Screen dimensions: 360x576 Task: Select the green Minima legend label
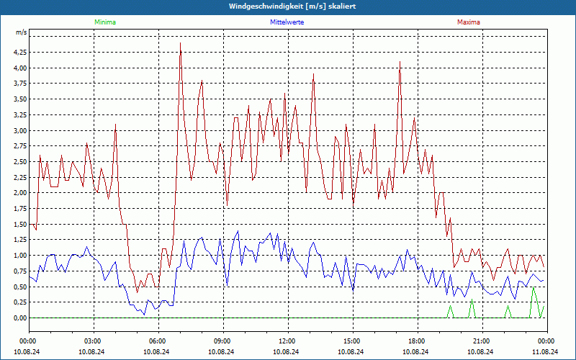point(104,22)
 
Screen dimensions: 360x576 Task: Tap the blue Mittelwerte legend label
point(287,22)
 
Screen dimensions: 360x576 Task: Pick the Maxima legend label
point(469,22)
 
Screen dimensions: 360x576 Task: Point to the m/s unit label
point(21,33)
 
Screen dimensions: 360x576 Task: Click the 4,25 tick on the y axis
point(19,53)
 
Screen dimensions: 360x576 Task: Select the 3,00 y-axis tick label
point(19,130)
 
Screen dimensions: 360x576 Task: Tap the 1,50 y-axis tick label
point(19,224)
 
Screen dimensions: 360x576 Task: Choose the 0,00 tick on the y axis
point(19,318)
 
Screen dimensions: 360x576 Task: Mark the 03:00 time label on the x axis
point(93,341)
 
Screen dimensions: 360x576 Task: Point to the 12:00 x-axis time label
point(287,341)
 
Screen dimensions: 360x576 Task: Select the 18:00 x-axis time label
point(417,341)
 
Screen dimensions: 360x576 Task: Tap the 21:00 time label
point(482,341)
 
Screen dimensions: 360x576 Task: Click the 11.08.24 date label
point(546,351)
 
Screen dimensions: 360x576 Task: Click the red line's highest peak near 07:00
point(180,43)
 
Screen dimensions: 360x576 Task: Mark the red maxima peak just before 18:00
point(400,62)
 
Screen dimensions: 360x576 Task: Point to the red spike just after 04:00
point(115,125)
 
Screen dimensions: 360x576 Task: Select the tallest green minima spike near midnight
point(534,288)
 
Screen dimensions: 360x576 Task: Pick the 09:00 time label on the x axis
point(222,341)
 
